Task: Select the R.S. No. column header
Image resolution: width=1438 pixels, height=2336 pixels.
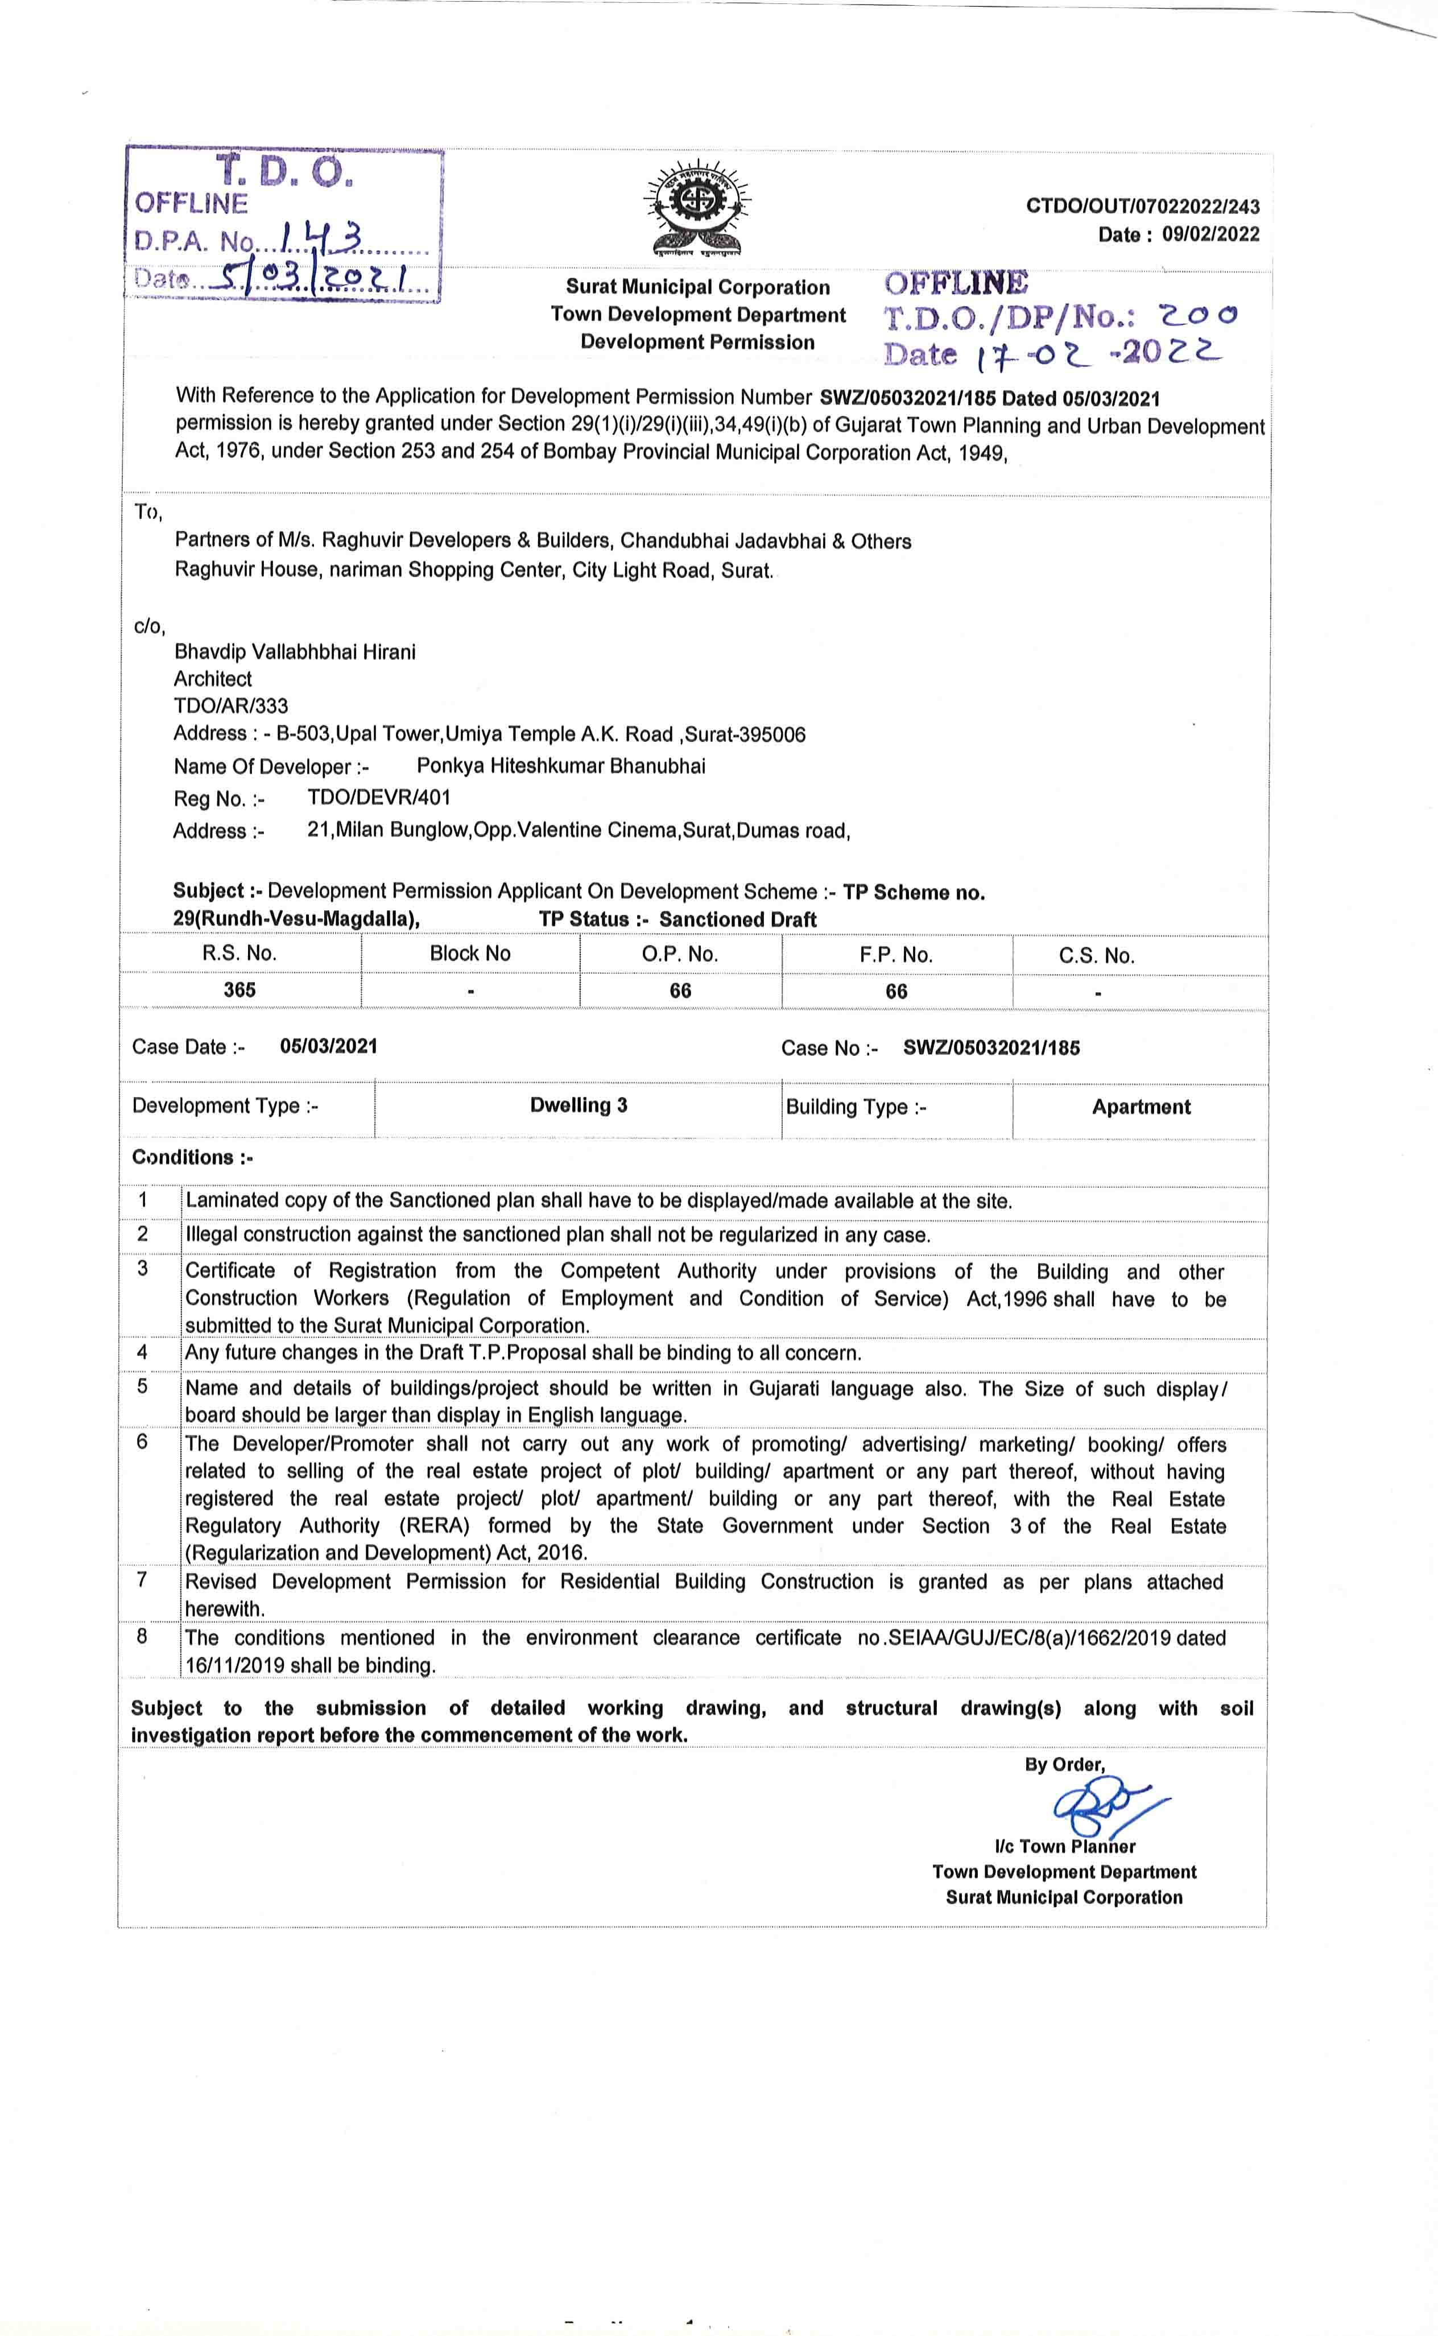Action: coord(239,953)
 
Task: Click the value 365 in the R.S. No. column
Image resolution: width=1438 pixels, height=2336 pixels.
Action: coord(239,990)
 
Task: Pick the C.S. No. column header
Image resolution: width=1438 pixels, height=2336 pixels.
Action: coord(1097,956)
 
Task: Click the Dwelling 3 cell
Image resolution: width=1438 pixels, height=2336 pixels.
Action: coord(578,1105)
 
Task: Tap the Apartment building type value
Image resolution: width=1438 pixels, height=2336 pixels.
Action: coord(1141,1107)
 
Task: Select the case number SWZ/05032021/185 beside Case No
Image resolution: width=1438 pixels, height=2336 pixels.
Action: coord(991,1048)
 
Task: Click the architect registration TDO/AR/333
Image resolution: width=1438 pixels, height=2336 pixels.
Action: coord(230,705)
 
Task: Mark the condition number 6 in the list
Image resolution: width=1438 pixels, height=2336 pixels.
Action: coord(143,1442)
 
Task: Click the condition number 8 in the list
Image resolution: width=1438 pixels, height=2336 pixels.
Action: coord(143,1637)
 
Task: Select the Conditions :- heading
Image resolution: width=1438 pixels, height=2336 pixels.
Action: coord(192,1158)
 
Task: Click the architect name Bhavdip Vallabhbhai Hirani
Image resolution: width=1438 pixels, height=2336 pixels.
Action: coord(295,651)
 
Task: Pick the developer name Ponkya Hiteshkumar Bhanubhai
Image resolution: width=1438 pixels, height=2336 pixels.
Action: coord(561,766)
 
